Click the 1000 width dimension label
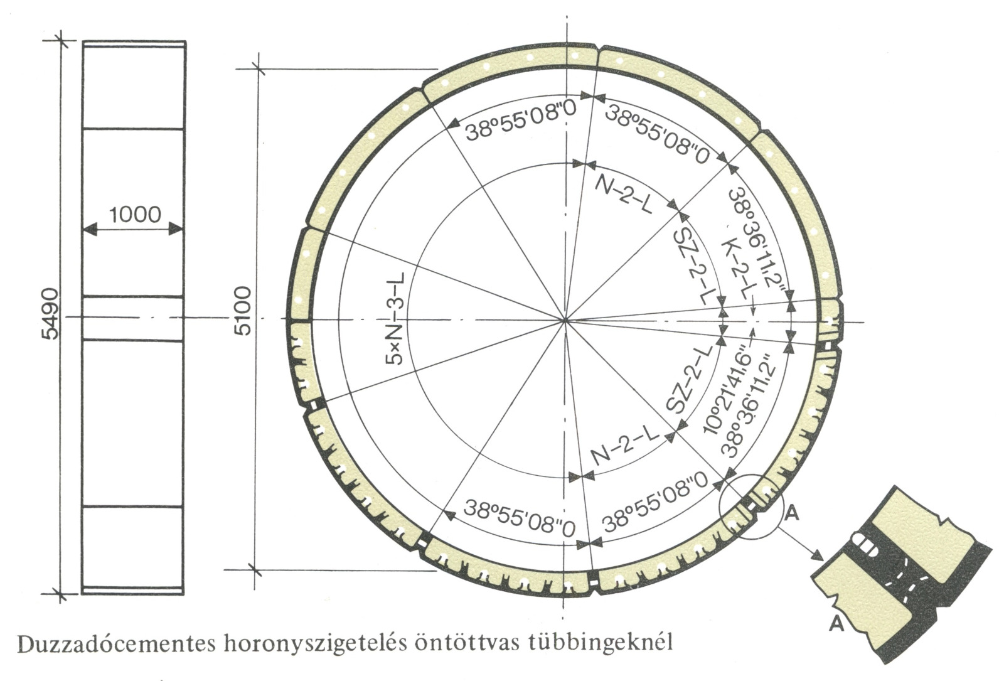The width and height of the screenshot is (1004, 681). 135,215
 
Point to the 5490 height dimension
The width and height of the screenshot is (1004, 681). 50,313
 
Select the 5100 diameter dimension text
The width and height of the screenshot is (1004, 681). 244,311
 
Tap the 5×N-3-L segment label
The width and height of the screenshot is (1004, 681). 395,318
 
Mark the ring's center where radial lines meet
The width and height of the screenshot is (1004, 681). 565,321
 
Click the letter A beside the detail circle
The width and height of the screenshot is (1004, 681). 792,514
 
